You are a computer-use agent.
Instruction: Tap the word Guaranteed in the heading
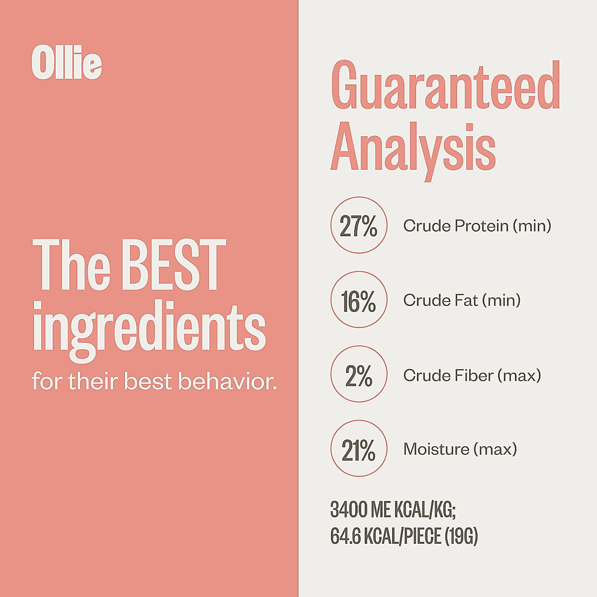pyautogui.click(x=445, y=86)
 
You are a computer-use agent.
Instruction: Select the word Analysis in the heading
pyautogui.click(x=413, y=146)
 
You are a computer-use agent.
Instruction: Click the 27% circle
pyautogui.click(x=359, y=225)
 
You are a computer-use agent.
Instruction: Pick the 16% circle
pyautogui.click(x=359, y=300)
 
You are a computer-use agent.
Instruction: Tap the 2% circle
pyautogui.click(x=359, y=375)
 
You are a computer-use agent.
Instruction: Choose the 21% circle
pyautogui.click(x=359, y=449)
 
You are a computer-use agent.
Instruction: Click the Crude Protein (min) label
pyautogui.click(x=477, y=226)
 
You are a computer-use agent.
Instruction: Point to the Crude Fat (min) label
pyautogui.click(x=462, y=300)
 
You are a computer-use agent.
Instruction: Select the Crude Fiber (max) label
pyautogui.click(x=472, y=375)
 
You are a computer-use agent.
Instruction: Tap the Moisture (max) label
pyautogui.click(x=460, y=449)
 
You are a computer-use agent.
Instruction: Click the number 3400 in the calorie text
pyautogui.click(x=349, y=510)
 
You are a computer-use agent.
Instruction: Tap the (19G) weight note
pyautogui.click(x=461, y=536)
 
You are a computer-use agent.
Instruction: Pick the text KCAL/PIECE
pyautogui.click(x=402, y=536)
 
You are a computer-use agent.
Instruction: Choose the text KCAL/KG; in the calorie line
pyautogui.click(x=425, y=510)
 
